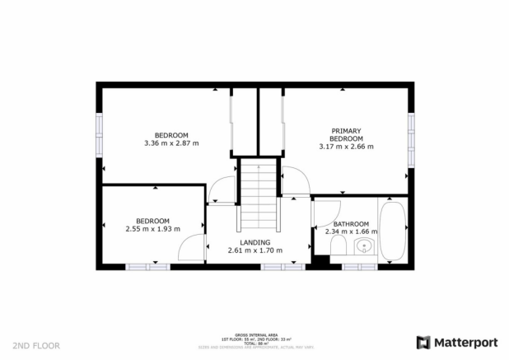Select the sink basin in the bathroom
364,246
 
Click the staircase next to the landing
259,197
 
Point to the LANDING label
254,242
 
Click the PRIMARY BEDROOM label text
346,134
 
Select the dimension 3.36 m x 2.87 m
171,143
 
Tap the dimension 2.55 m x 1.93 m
152,229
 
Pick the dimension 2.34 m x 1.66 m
352,231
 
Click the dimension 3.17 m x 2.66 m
346,147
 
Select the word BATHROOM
351,223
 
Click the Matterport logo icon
424,341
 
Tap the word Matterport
465,341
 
